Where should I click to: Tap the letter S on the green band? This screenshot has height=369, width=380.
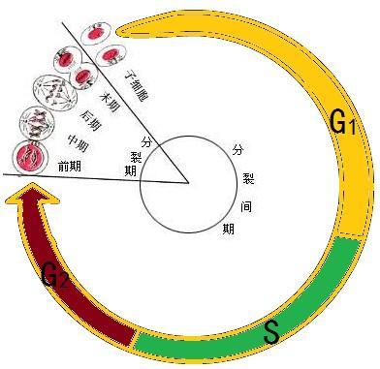pos(271,332)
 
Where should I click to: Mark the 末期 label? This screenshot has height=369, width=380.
pos(109,96)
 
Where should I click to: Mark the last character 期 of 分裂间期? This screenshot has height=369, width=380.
pos(227,229)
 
